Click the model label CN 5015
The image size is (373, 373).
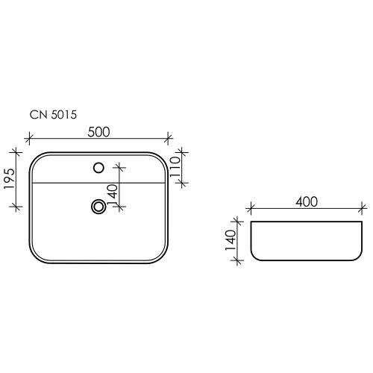click(53, 115)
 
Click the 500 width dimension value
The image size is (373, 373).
click(98, 132)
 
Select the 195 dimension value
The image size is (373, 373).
click(10, 179)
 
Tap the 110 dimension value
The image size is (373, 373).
click(175, 167)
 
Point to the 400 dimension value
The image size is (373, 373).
click(307, 201)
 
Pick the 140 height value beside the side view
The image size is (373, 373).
click(231, 240)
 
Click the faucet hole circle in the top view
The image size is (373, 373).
click(98, 168)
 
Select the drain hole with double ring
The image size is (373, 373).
click(98, 207)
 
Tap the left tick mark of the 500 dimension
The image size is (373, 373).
click(29, 138)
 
